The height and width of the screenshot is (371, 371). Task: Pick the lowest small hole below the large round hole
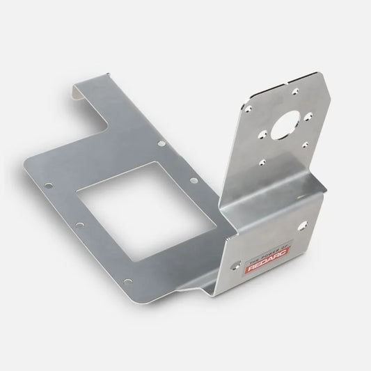coord(261,161)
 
